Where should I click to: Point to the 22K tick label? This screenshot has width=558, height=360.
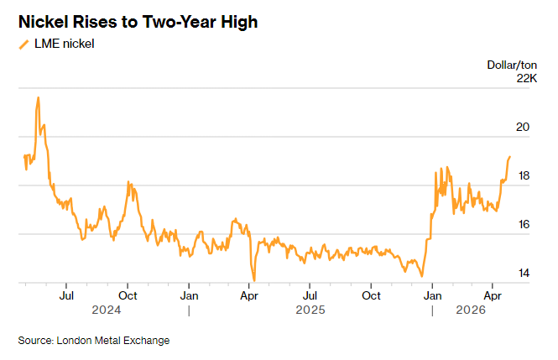[525, 78]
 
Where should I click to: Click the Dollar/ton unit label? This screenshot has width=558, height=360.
[512, 65]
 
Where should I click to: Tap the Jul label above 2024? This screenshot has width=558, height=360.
[67, 295]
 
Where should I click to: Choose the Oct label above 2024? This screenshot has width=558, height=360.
[128, 295]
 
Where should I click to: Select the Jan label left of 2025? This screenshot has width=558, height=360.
[190, 295]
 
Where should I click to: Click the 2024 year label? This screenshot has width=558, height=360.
[107, 310]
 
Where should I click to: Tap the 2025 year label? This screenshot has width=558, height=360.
[310, 310]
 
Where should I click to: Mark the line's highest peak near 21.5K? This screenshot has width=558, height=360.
[38, 97]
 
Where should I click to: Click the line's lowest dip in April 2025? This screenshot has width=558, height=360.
[254, 280]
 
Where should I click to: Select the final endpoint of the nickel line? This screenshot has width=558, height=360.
[509, 157]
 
